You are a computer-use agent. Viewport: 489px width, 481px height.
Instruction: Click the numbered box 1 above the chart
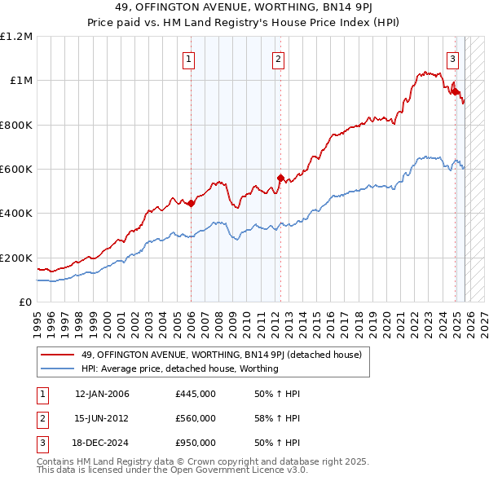click(x=189, y=58)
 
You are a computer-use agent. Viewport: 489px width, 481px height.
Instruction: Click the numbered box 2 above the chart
click(x=278, y=58)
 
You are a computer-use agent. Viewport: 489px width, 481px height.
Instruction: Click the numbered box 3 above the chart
click(x=452, y=58)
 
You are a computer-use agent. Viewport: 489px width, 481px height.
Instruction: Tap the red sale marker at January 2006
click(x=191, y=204)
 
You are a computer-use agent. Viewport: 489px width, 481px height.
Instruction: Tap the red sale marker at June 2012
click(x=280, y=178)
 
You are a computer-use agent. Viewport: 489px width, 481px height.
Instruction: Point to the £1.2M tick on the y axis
click(x=17, y=37)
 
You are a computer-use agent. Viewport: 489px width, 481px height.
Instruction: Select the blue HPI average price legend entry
click(x=180, y=368)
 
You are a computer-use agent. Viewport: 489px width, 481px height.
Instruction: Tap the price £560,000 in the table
click(x=196, y=418)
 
